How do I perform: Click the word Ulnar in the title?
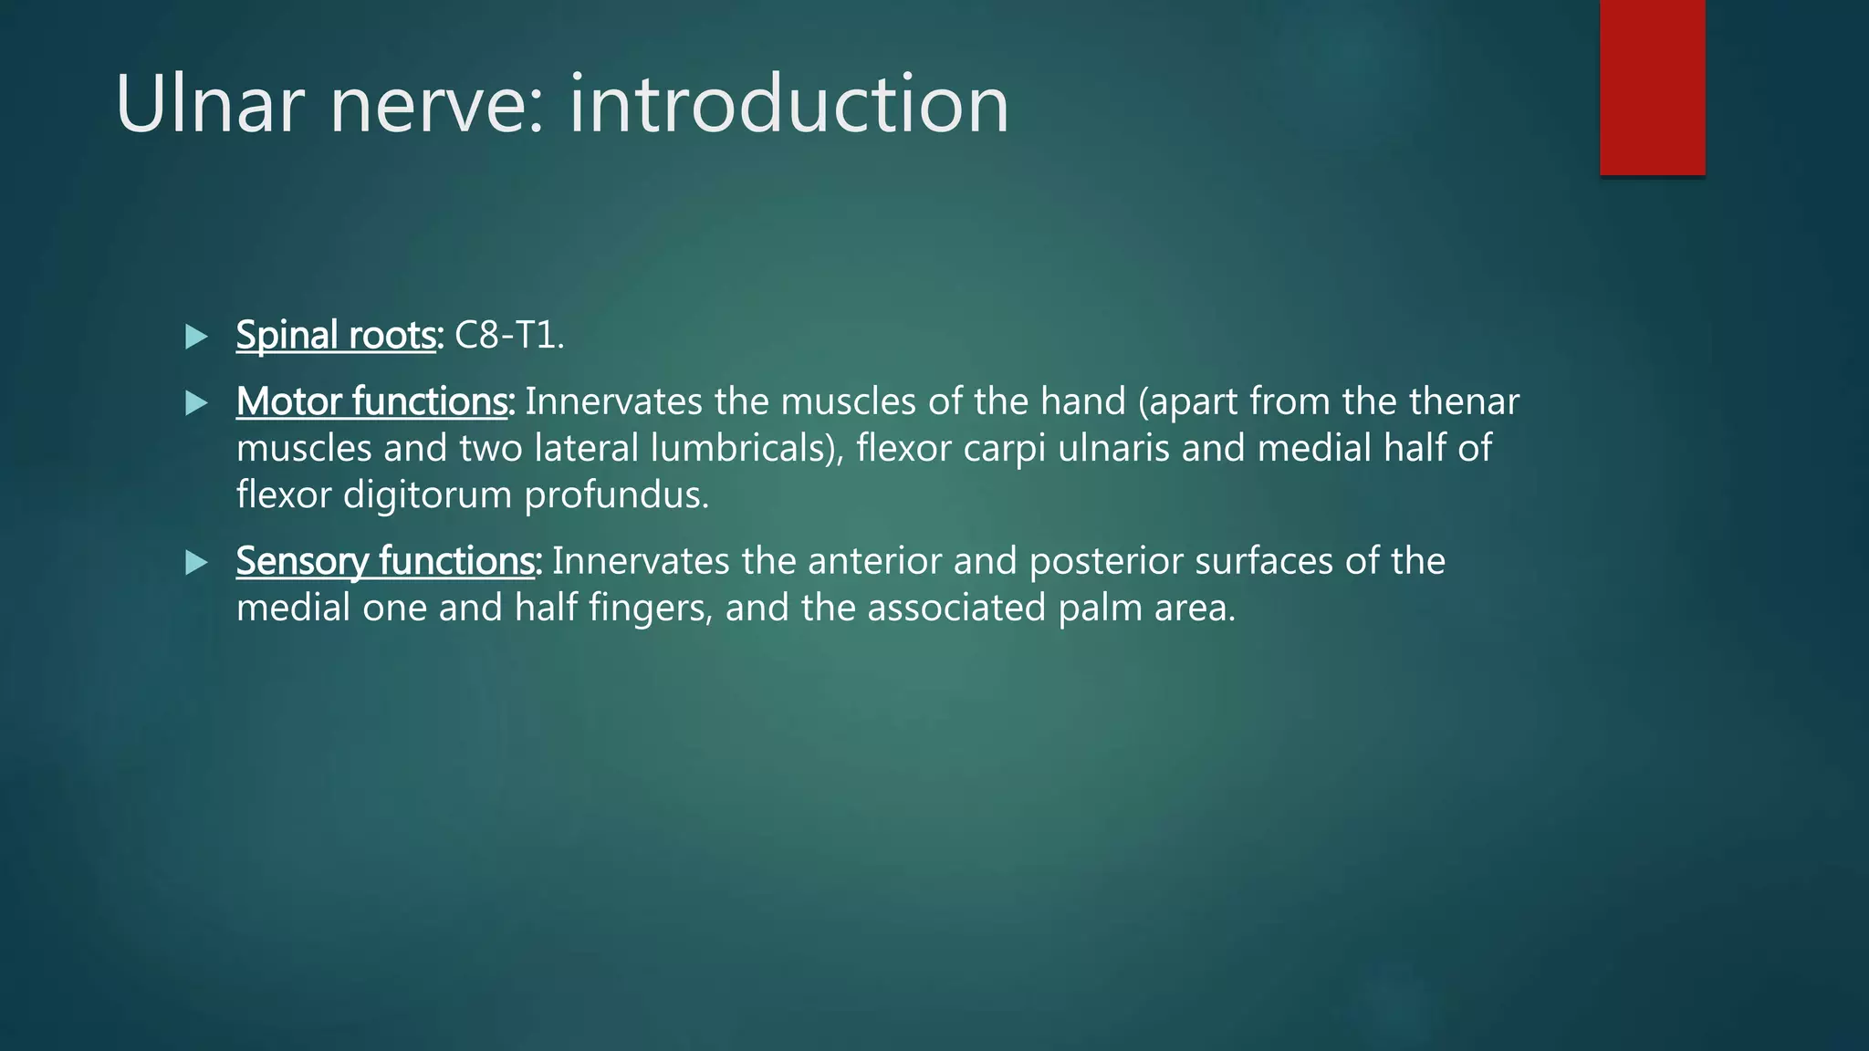209,105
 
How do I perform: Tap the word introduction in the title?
788,105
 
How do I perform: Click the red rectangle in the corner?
1652,88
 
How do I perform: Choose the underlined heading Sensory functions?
388,561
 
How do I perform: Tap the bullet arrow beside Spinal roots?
196,337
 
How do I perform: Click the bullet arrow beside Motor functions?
196,403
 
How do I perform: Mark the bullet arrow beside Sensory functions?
196,562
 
